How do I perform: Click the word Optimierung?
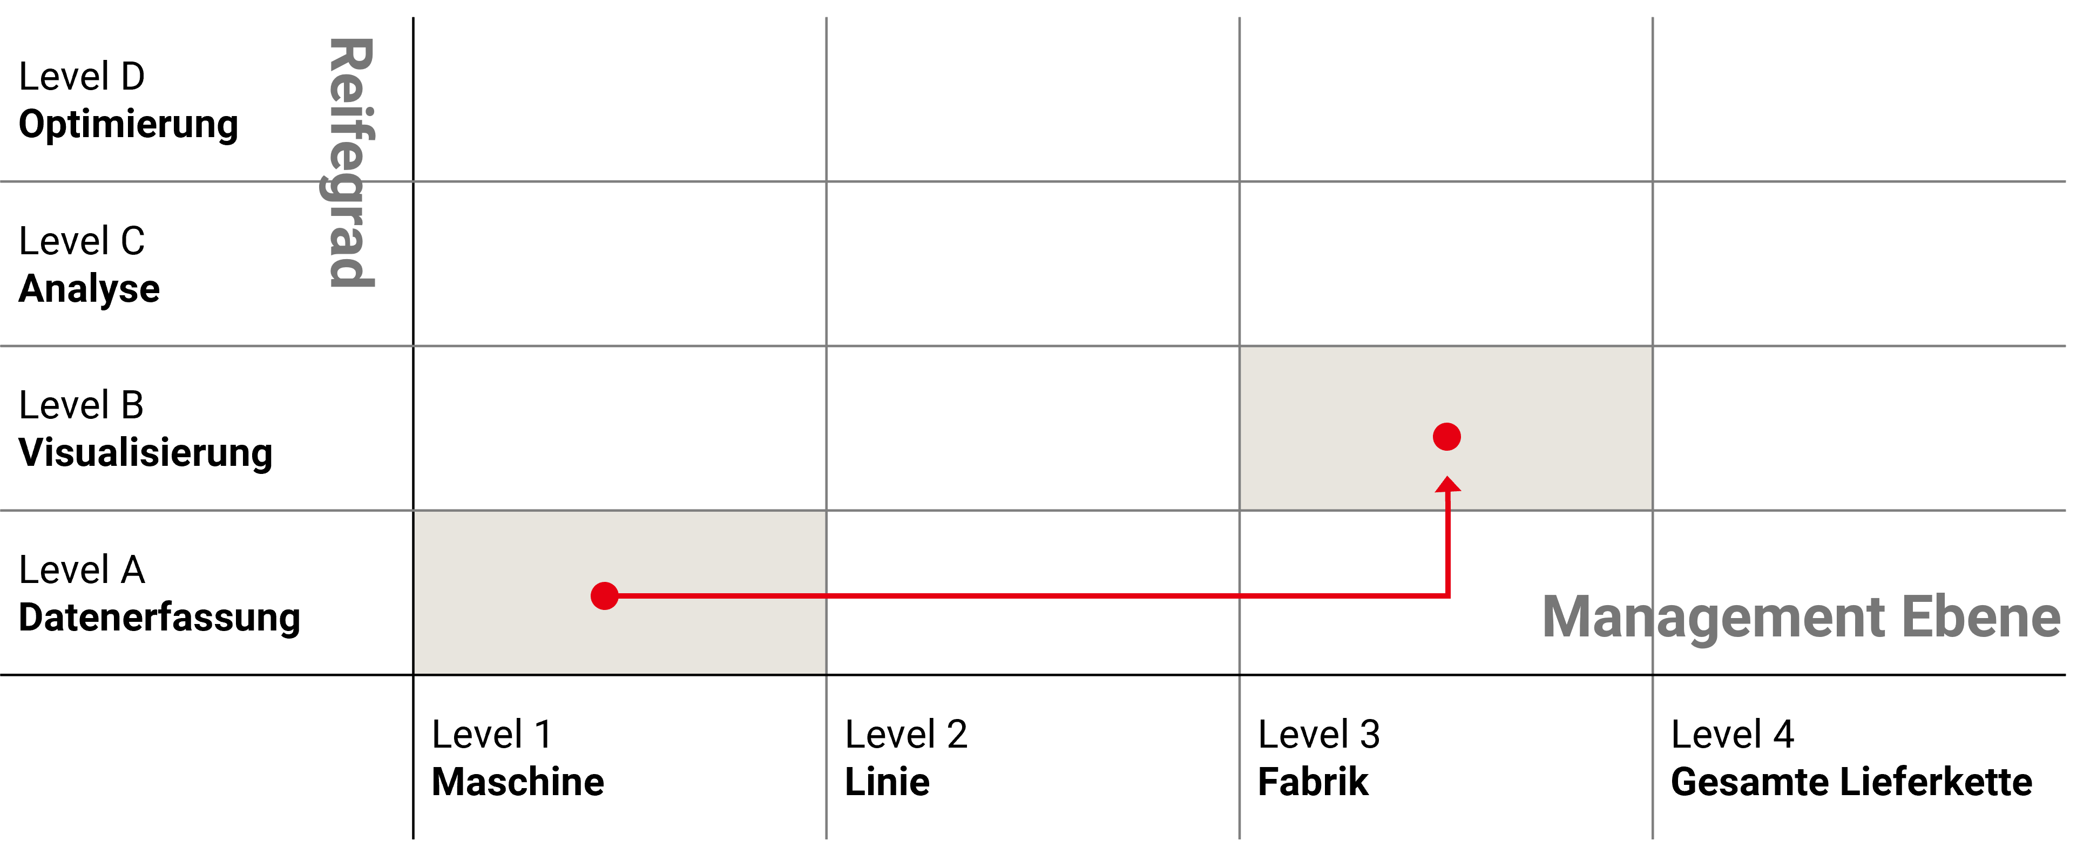[128, 125]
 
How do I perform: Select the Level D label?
[82, 77]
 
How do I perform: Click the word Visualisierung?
[145, 453]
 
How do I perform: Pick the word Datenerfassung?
[160, 618]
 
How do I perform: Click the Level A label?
[82, 571]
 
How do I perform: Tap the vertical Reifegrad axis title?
[351, 163]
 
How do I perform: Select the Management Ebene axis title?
[1801, 617]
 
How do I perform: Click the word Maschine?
[518, 782]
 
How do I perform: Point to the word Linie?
[887, 782]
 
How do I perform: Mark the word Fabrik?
[1313, 782]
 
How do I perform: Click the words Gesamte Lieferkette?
[1851, 782]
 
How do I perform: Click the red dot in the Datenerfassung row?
[605, 596]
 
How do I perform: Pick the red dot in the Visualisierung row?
[1446, 437]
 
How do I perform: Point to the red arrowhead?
[1447, 486]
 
